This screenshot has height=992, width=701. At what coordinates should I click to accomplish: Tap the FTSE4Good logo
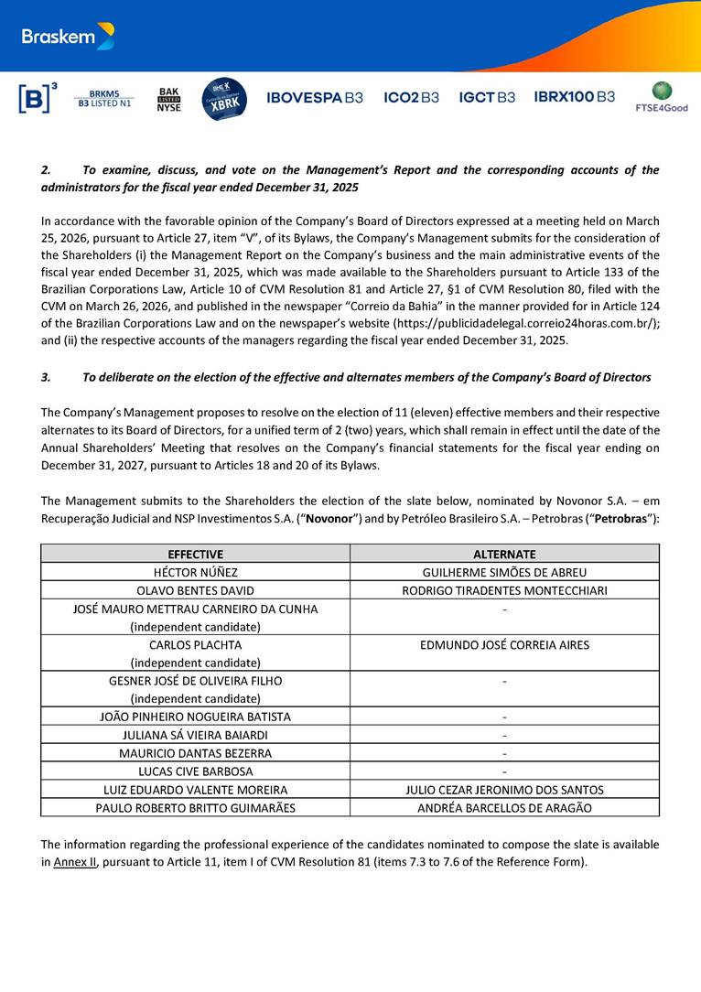(661, 97)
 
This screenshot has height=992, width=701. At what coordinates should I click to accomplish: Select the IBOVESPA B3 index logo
(314, 97)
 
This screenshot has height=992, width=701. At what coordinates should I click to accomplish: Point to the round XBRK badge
(223, 99)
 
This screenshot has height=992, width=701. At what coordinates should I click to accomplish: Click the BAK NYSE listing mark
(168, 99)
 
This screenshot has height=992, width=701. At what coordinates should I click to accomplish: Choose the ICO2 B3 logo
(411, 97)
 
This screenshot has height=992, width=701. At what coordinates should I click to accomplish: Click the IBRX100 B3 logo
(574, 97)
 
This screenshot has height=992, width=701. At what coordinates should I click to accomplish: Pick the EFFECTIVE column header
(195, 554)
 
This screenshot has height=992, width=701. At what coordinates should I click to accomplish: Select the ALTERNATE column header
(504, 554)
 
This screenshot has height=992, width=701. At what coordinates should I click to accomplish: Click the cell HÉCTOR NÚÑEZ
(195, 572)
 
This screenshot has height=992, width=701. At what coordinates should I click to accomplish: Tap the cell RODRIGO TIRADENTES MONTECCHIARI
(504, 590)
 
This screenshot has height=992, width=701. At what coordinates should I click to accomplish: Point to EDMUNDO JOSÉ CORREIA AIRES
(504, 644)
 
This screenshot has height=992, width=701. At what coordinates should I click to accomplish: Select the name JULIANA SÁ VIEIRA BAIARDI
(195, 735)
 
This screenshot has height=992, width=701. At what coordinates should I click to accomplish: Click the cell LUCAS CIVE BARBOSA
(195, 771)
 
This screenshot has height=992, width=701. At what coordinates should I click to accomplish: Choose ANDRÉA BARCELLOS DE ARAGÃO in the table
(504, 807)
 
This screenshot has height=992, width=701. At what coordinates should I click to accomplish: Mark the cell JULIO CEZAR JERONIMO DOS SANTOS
(504, 789)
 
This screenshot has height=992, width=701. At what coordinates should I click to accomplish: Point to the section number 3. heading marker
(46, 377)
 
